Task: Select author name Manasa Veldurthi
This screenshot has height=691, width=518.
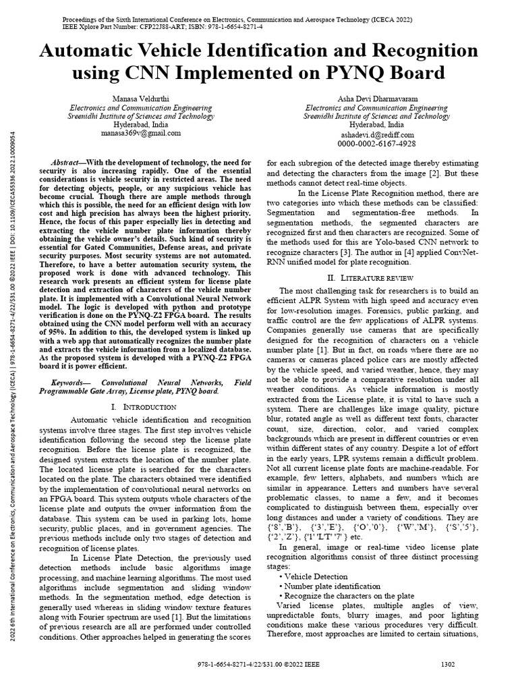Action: [x=140, y=99]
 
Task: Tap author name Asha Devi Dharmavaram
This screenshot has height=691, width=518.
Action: [x=376, y=99]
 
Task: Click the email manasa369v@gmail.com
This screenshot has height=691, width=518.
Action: [x=140, y=134]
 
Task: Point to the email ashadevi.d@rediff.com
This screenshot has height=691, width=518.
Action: [x=376, y=134]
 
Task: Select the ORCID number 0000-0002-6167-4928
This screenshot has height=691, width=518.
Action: [x=376, y=144]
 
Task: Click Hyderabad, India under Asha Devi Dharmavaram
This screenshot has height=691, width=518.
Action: [x=376, y=125]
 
